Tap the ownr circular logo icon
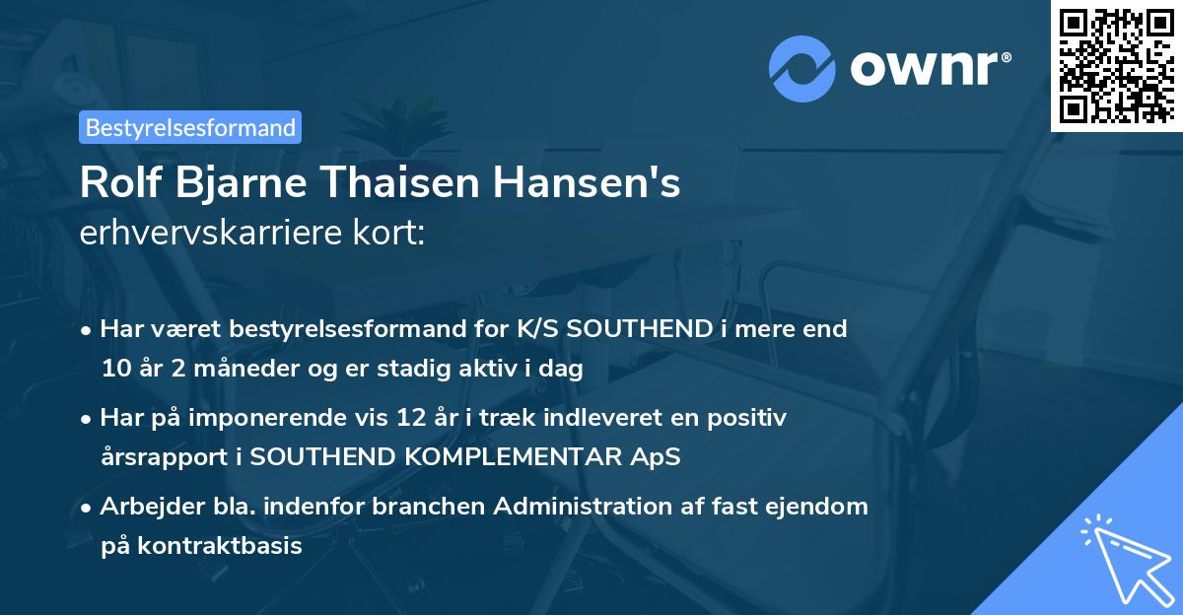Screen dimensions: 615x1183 pos(801,68)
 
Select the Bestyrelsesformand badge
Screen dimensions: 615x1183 pos(190,127)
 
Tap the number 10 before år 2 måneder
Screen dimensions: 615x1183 pos(115,370)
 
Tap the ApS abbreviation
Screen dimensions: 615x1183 pos(656,458)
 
